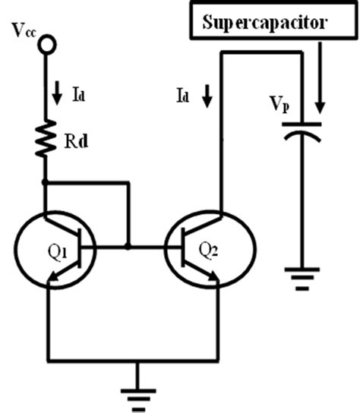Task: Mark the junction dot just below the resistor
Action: (46, 182)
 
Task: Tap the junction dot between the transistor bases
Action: (128, 247)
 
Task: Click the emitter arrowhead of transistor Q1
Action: (54, 282)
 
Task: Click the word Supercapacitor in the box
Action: (265, 22)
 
